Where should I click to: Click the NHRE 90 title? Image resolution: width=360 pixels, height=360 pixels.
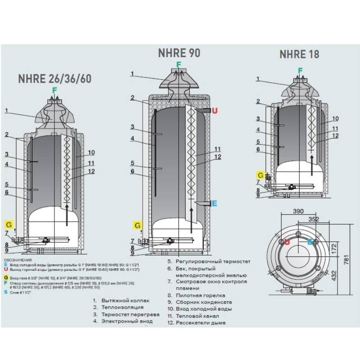click(x=179, y=53)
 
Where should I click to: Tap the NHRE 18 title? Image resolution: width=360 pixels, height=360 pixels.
click(x=299, y=54)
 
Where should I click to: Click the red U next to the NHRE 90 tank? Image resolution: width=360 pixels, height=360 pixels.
click(x=214, y=110)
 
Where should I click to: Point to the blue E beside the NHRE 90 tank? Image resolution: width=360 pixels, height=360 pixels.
click(x=214, y=204)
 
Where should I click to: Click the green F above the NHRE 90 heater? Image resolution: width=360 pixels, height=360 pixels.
click(x=178, y=64)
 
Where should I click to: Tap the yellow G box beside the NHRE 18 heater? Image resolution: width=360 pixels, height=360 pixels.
click(x=260, y=175)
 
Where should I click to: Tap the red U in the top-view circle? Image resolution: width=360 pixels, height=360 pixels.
click(x=287, y=242)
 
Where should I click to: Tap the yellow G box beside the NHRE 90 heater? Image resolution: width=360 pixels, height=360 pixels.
click(x=137, y=224)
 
